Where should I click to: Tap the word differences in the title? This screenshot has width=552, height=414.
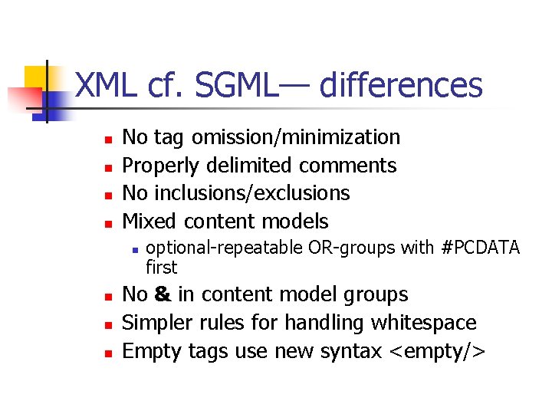400,86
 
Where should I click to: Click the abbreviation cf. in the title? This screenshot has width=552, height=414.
166,86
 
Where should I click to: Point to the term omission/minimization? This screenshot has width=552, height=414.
296,137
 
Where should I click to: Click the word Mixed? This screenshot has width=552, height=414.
149,222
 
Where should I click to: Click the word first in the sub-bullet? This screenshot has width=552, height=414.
161,268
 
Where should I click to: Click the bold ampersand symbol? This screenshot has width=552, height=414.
162,295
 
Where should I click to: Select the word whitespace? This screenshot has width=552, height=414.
423,323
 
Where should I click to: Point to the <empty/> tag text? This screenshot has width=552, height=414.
437,351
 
